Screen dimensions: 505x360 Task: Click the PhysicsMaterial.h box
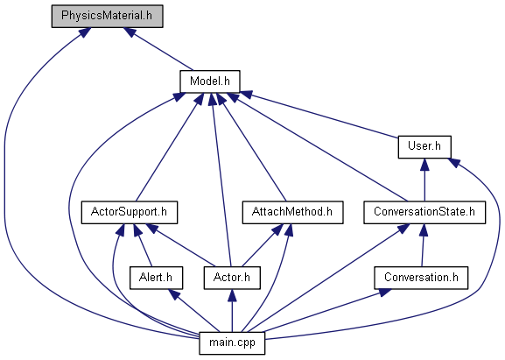[x=108, y=16]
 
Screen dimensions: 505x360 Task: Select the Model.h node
[x=210, y=81]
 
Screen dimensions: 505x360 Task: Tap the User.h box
[x=424, y=147]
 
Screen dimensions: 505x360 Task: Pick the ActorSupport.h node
[x=130, y=212]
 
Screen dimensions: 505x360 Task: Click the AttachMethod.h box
[x=292, y=212]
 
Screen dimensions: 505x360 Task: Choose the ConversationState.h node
[x=424, y=212]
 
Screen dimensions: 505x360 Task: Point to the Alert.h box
[x=156, y=278]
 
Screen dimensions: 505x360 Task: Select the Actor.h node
[x=232, y=278]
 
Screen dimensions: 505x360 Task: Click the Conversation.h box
[x=421, y=278]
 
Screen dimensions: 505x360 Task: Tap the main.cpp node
[x=232, y=343]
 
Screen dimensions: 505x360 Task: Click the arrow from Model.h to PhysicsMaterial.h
[x=158, y=49]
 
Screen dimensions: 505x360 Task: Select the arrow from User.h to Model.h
[x=319, y=115]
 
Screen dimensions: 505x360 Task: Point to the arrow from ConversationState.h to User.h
[x=424, y=180]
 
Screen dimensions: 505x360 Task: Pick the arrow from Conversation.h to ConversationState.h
[x=423, y=245]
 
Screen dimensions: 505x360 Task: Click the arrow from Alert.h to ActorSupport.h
[x=143, y=245]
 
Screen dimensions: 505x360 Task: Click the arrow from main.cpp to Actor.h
[x=232, y=310]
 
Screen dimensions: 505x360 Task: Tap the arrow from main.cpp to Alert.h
[x=194, y=310]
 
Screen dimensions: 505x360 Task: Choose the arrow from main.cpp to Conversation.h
[x=323, y=310]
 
